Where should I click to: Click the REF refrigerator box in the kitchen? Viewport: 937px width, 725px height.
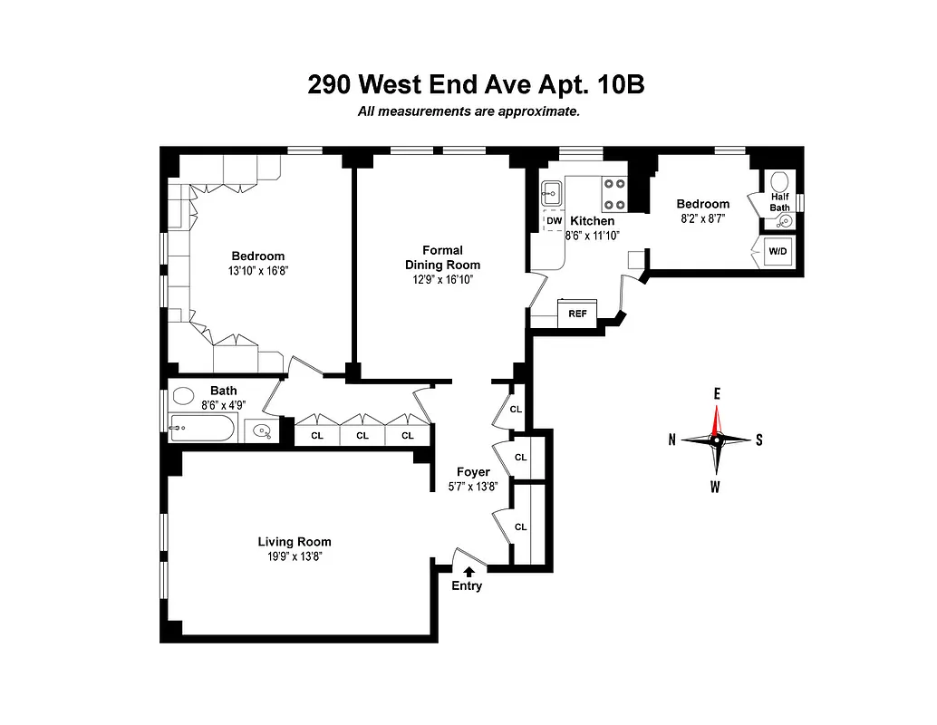pyautogui.click(x=577, y=314)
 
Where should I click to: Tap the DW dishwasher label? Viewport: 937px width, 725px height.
pyautogui.click(x=554, y=220)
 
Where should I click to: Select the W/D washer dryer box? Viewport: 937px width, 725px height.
pyautogui.click(x=778, y=250)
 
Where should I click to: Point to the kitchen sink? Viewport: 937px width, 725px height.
pyautogui.click(x=553, y=193)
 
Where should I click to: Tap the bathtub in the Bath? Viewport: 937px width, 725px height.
pyautogui.click(x=203, y=429)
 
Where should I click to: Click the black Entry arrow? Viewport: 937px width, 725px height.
pyautogui.click(x=468, y=571)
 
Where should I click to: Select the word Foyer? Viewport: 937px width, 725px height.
pyautogui.click(x=473, y=472)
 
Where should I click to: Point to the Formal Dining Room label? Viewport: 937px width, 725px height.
pyautogui.click(x=442, y=257)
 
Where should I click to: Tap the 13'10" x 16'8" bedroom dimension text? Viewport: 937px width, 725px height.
pyautogui.click(x=257, y=270)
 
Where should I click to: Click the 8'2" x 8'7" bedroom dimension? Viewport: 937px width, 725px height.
pyautogui.click(x=701, y=218)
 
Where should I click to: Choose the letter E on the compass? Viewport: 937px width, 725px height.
pyautogui.click(x=716, y=393)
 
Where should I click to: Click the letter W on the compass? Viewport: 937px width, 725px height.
pyautogui.click(x=716, y=488)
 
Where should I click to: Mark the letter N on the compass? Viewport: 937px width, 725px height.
pyautogui.click(x=671, y=440)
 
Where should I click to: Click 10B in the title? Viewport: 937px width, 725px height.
pyautogui.click(x=621, y=84)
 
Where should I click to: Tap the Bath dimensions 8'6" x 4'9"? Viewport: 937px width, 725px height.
pyautogui.click(x=223, y=405)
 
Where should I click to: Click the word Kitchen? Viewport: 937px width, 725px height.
pyautogui.click(x=593, y=221)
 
